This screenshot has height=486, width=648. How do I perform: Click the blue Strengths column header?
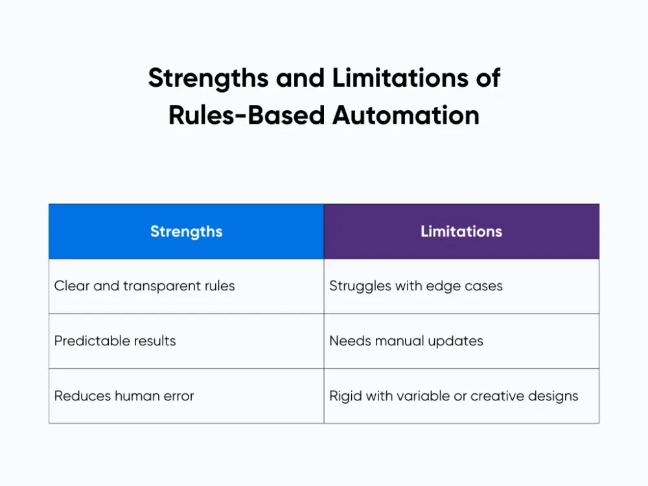click(x=186, y=231)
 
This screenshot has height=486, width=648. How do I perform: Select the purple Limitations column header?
click(x=461, y=231)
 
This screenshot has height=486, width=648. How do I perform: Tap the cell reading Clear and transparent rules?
click(x=186, y=286)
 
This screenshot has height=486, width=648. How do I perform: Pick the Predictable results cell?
click(x=186, y=341)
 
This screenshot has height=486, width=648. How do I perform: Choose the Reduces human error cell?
click(x=186, y=396)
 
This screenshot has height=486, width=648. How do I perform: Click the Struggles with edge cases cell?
click(x=461, y=286)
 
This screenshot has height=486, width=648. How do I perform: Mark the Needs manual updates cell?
click(x=461, y=341)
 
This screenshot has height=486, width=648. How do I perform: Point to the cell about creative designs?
click(x=461, y=396)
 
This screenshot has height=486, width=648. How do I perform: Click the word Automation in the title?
click(x=406, y=115)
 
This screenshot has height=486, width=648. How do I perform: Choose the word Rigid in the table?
click(x=346, y=396)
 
